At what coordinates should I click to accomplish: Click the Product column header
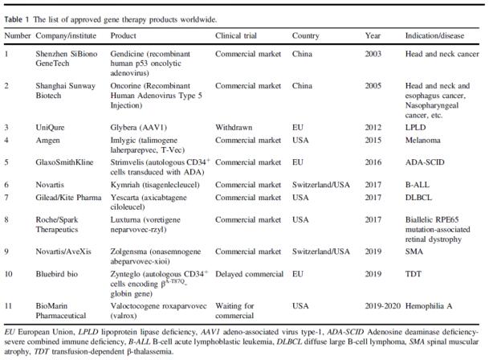pos(124,35)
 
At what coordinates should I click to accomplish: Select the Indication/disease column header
pos(434,35)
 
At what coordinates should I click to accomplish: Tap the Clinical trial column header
pos(236,35)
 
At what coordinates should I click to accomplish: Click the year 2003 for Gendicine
pos(373,54)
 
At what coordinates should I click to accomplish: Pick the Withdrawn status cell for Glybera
pos(234,128)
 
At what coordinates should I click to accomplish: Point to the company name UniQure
pos(50,128)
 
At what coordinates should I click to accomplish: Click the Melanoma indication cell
pos(422,140)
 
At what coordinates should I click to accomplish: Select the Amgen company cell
pos(47,141)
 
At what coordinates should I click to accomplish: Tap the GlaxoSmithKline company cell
pos(64,162)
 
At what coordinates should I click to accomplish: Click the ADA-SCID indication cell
pos(425,162)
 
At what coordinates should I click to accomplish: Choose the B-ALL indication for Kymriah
pos(418,185)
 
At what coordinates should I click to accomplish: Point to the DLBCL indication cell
pos(418,198)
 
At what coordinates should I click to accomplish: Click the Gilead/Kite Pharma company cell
pos(68,198)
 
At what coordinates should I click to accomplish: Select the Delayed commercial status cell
pos(250,274)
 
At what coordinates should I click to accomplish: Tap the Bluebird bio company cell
pos(56,274)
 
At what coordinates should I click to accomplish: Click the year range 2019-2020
pos(383,306)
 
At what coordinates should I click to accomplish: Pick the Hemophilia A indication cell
pos(429,306)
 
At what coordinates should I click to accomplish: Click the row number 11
pos(8,306)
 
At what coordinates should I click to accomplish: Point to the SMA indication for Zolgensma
pos(414,252)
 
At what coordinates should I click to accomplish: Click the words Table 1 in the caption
pos(16,19)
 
